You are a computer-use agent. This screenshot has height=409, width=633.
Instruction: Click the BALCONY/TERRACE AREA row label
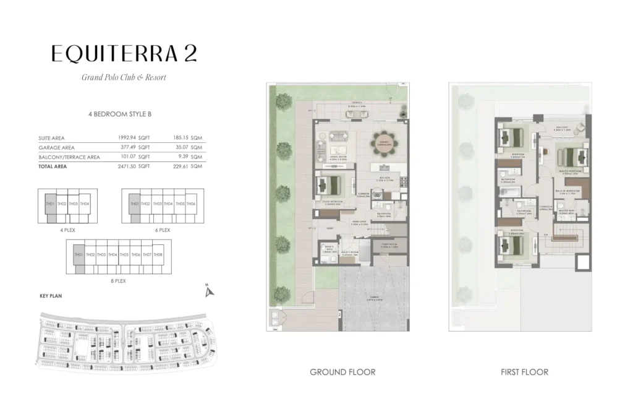pos(69,157)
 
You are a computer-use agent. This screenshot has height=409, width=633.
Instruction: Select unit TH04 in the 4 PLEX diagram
pos(85,204)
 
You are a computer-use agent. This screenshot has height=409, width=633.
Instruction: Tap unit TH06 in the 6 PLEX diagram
pos(191,204)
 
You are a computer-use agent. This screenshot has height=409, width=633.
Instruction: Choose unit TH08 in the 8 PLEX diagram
pos(158,255)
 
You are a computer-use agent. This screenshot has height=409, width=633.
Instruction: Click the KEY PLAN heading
pos(51,296)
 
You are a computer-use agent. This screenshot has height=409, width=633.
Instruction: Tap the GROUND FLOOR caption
pos(342,372)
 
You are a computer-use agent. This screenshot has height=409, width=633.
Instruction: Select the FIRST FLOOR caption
pos(524,372)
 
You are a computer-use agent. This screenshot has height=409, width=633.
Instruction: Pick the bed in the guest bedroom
pos(329,184)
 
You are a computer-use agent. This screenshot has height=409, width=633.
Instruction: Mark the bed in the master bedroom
pos(569,155)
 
